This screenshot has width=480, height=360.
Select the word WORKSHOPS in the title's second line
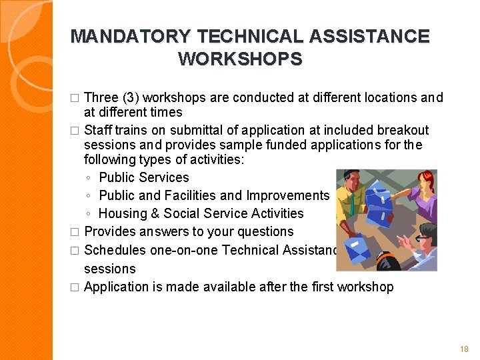tap(240, 59)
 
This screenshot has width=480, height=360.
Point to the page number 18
tap(464, 349)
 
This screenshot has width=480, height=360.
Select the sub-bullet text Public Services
tap(143, 177)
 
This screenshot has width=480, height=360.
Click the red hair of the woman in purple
tap(425, 181)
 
